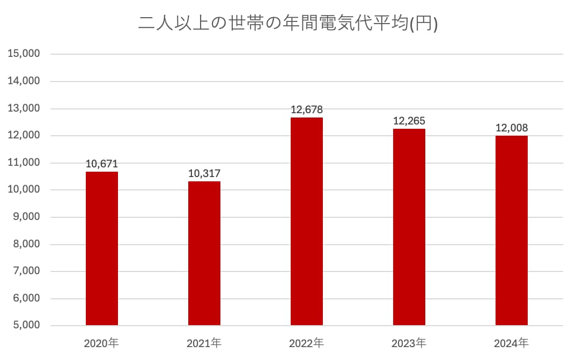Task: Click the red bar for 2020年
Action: [102, 248]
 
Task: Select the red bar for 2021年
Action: [204, 253]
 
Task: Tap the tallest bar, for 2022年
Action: [307, 222]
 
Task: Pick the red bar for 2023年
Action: [409, 227]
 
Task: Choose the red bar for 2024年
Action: [512, 231]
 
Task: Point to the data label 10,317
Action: [204, 174]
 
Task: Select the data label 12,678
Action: [307, 110]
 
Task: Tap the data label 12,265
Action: [409, 121]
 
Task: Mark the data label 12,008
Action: [512, 128]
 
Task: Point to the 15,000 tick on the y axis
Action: [24, 54]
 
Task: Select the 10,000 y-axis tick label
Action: [24, 190]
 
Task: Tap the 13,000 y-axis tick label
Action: [24, 108]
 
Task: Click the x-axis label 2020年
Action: [102, 343]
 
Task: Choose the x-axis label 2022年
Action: [307, 343]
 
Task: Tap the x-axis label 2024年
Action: [512, 343]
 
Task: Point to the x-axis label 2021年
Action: [204, 343]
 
